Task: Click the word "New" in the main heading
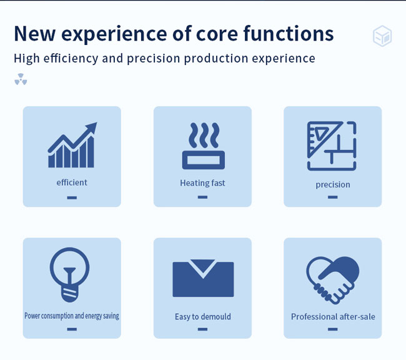click(34, 33)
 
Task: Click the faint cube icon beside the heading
click(382, 36)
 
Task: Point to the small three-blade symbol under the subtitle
click(21, 79)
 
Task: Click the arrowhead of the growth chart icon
click(91, 127)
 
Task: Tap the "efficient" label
click(72, 182)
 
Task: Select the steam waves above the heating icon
click(204, 135)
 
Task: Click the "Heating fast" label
click(202, 183)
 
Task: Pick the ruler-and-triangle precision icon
click(332, 146)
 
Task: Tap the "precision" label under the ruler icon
click(333, 185)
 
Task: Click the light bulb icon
click(69, 275)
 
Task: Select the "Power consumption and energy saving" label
click(72, 316)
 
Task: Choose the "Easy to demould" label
click(203, 317)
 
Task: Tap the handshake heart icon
click(333, 280)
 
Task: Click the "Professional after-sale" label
click(333, 317)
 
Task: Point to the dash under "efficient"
click(72, 197)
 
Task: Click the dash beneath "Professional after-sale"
click(333, 329)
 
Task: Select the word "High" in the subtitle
click(26, 58)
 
